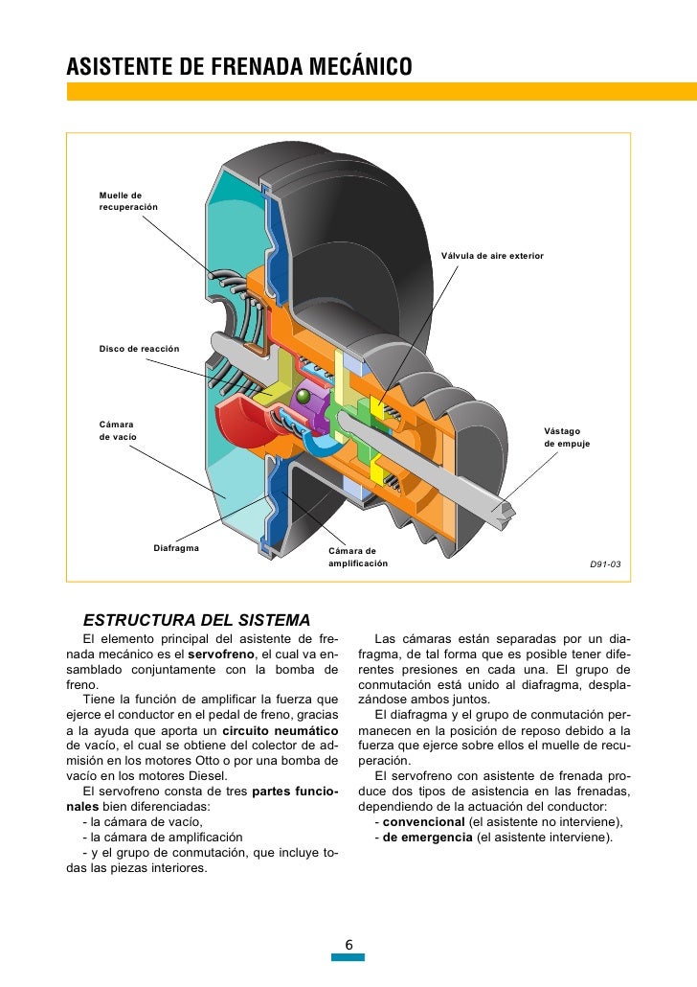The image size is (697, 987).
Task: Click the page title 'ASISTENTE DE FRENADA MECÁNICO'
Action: pos(238,67)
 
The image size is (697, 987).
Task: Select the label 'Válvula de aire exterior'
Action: pos(492,256)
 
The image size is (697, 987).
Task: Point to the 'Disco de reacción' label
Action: pos(140,347)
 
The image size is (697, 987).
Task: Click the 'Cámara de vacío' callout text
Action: pos(118,429)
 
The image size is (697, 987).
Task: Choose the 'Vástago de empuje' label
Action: pos(567,438)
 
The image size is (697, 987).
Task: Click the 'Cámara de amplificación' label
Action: pos(358,558)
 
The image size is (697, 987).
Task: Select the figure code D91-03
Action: pos(604,564)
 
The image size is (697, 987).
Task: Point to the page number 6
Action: pos(349,946)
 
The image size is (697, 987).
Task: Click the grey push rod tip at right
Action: pos(506,514)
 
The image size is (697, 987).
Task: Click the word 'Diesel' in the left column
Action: pos(206,776)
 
